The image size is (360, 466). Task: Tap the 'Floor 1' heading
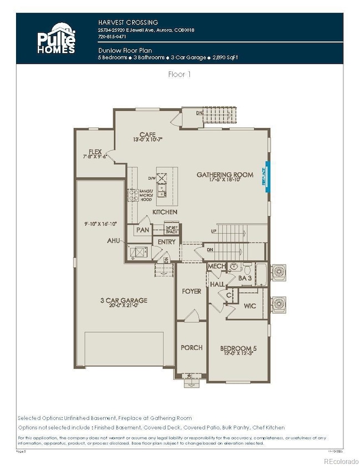click(179, 73)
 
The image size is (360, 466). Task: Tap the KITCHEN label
click(165, 212)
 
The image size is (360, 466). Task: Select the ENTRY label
click(166, 242)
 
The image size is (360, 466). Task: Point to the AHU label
click(115, 242)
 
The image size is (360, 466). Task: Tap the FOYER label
click(192, 291)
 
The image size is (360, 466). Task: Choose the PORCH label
click(192, 347)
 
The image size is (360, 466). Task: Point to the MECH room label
click(216, 267)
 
